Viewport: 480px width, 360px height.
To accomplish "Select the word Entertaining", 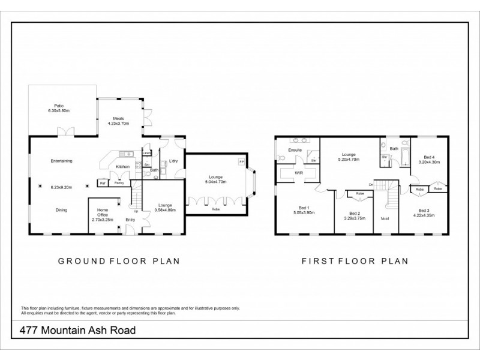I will tap(61, 161).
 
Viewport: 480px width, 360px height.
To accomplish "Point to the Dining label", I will tap(61, 210).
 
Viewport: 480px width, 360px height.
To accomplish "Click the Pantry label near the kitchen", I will tap(119, 182).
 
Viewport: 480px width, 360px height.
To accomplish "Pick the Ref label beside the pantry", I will tap(103, 182).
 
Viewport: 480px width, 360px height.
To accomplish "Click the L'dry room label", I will tap(173, 161).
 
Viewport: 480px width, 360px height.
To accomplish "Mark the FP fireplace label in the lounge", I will tap(241, 163).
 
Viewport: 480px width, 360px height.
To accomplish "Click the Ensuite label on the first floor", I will tap(294, 149).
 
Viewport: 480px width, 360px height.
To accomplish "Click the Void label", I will tap(385, 218).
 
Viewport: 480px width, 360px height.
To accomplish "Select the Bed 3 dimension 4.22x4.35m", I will tap(424, 215).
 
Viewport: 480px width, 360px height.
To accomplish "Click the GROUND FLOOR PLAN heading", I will tap(119, 261).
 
